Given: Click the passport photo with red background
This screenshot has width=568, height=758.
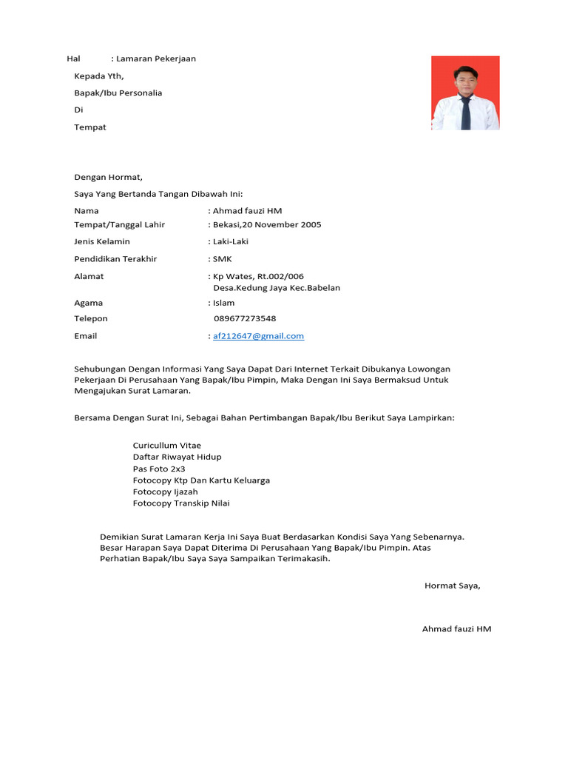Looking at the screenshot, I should [465, 93].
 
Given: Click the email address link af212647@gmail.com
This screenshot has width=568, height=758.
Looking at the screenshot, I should [258, 336].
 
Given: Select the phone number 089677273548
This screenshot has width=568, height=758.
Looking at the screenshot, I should [245, 319].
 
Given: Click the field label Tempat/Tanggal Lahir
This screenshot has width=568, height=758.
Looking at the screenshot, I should [120, 225].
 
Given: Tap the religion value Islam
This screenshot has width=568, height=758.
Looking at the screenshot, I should [223, 303].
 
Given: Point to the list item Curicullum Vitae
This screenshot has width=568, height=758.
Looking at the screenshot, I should [167, 446].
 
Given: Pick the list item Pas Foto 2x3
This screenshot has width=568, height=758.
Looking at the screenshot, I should [159, 469].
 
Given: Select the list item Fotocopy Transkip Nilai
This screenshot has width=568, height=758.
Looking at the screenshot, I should [181, 503].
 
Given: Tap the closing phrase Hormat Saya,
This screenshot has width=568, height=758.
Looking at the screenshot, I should [452, 586].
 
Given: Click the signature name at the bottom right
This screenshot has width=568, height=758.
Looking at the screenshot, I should [456, 629].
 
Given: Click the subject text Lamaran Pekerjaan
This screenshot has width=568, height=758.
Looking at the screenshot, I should [156, 58].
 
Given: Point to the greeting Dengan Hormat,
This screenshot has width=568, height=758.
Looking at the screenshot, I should [108, 177].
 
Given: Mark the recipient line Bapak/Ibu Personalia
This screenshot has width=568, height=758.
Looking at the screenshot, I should [118, 93].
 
